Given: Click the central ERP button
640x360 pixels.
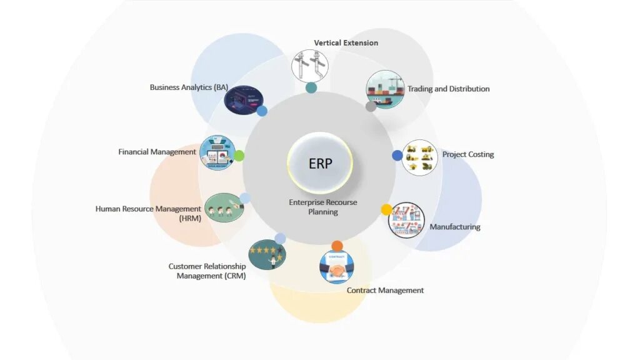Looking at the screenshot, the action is pos(320,164).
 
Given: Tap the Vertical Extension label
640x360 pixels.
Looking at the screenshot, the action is pos(346,43).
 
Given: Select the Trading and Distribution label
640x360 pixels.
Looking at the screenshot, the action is pos(448,89).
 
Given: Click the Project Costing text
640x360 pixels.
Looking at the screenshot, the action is pos(468,154).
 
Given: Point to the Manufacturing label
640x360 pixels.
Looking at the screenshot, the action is pos(455,227).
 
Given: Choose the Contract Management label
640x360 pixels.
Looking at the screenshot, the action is pos(385,290).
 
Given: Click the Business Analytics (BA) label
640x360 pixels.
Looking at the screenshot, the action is pos(189,87).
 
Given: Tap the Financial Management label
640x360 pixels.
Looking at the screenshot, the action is pos(157,152).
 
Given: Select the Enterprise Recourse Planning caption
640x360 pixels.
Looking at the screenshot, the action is pos(322,207).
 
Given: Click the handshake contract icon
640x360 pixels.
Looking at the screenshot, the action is pos(336,267).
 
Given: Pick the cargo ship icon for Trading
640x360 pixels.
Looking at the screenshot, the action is pos(385,89).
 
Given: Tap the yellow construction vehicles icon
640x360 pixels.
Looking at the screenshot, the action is pos(419,157).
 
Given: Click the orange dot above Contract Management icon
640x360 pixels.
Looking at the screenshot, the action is pos(337,246).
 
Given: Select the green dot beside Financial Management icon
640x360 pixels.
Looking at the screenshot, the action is pos(239,156).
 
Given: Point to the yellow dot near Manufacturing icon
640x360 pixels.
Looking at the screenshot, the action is pos(386,209).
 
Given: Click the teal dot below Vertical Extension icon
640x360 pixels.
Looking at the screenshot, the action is pos(311,87).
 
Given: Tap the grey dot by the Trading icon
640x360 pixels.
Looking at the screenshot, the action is pos(371,106).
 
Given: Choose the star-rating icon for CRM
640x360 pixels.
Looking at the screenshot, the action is pos(267,254).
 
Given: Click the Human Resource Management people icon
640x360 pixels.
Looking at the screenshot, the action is pos(222,207).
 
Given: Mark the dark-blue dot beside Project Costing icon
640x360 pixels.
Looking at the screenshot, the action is pos(397,155).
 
